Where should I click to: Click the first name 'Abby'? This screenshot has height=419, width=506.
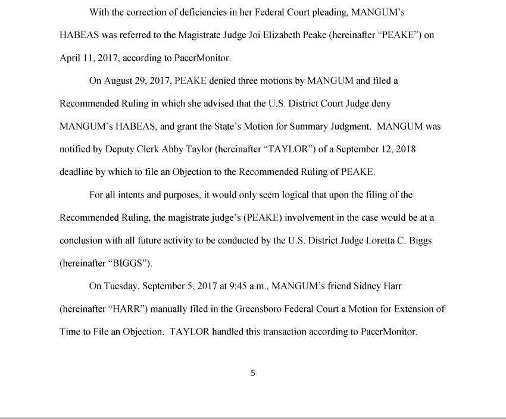pos(173,149)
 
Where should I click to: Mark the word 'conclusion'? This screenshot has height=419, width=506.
pos(82,240)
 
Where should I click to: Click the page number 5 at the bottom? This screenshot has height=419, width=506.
pos(253,373)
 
